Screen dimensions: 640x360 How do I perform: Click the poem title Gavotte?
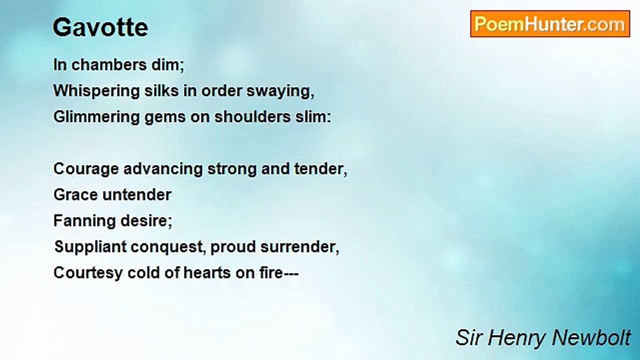tap(100, 27)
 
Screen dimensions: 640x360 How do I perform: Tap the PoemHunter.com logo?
tap(550, 24)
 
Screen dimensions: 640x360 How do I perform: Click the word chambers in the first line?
tap(109, 65)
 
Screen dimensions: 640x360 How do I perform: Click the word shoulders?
tap(252, 117)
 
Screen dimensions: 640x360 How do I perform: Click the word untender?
tap(136, 195)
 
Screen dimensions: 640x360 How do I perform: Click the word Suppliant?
tap(90, 247)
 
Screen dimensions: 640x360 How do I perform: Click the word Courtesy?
tap(88, 273)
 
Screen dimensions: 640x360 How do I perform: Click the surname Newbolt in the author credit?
tap(591, 337)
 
